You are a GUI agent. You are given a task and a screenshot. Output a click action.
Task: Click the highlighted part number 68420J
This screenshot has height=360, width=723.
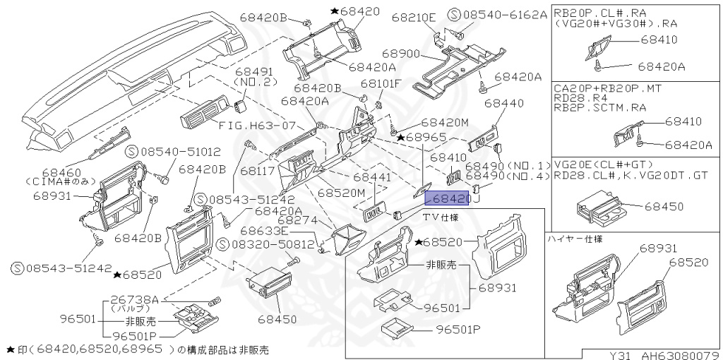[451, 200]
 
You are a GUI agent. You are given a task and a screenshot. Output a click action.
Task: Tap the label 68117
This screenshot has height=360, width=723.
[258, 171]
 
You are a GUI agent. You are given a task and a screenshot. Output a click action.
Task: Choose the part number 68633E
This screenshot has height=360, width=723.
[264, 231]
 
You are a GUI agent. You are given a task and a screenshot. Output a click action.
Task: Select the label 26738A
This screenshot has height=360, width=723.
[133, 299]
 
